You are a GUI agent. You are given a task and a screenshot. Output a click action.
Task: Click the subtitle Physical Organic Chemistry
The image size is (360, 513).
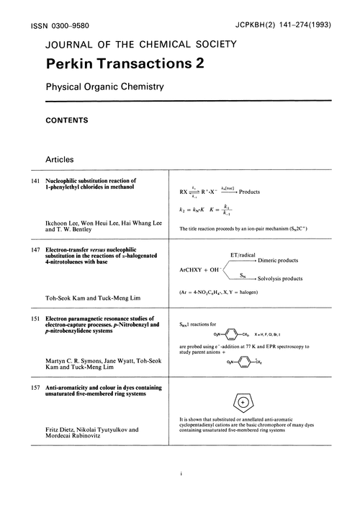click(x=105, y=88)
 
